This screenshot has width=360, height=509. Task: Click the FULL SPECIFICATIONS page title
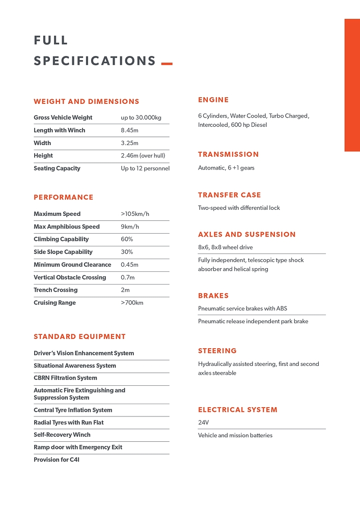click(x=94, y=51)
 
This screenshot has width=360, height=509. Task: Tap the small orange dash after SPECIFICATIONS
click(x=167, y=64)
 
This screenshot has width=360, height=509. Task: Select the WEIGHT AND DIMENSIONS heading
click(x=87, y=102)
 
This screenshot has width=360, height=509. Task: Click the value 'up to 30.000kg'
click(x=141, y=118)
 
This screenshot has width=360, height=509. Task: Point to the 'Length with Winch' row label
click(x=60, y=130)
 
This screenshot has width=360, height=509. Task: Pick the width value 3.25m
click(x=129, y=143)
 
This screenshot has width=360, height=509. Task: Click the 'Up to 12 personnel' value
click(x=145, y=168)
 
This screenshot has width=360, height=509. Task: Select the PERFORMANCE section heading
click(x=64, y=197)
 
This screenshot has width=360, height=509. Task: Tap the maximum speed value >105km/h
click(x=135, y=214)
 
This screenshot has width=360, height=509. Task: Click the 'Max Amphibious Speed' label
click(x=67, y=227)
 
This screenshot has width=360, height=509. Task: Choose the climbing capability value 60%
click(x=127, y=239)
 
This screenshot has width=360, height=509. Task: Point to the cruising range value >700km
click(x=132, y=303)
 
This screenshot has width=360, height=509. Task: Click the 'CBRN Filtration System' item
click(x=65, y=378)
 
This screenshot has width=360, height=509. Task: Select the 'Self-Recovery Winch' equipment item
click(x=62, y=435)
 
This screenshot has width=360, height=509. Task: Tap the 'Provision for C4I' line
click(x=57, y=460)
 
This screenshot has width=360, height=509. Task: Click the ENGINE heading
click(x=213, y=100)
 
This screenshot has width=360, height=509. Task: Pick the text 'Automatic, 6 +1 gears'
click(x=226, y=168)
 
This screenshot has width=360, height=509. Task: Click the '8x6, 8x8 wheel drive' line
click(x=226, y=247)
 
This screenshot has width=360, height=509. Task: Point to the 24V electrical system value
click(x=204, y=422)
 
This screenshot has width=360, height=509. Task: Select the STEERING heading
click(x=217, y=351)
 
